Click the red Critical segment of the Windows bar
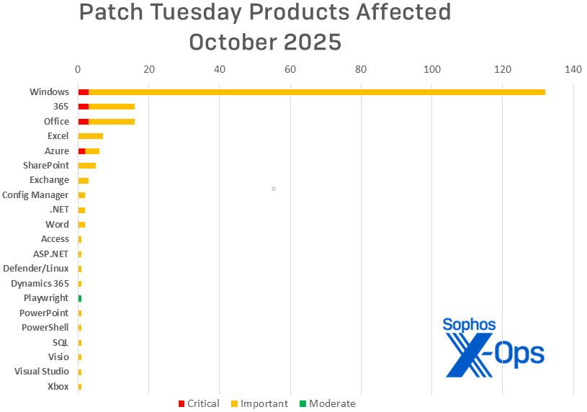click(83, 92)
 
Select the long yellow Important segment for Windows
click(317, 92)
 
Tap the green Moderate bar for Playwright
click(80, 298)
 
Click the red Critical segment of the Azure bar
click(81, 151)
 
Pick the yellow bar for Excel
click(91, 136)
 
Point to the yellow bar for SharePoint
click(87, 166)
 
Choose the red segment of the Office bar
click(83, 122)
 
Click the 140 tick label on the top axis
click(573, 69)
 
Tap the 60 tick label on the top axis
click(290, 69)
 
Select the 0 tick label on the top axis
click(78, 69)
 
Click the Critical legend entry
click(199, 404)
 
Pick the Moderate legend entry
click(328, 404)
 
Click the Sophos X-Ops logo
click(493, 349)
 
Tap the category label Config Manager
click(35, 195)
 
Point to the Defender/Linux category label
click(36, 269)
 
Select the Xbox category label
click(58, 387)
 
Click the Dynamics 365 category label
click(40, 283)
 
